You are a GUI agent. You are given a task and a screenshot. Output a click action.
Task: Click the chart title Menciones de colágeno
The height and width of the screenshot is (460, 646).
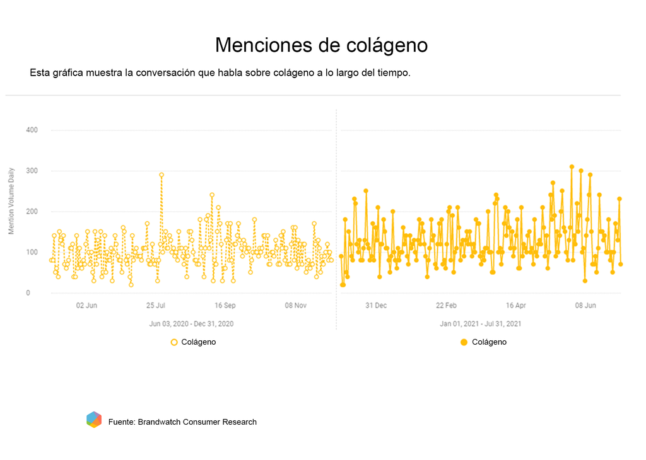(x=321, y=45)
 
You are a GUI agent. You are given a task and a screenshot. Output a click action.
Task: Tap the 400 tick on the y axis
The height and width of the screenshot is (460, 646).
(x=32, y=130)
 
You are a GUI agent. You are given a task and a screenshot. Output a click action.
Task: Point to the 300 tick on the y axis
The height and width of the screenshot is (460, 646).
(x=32, y=171)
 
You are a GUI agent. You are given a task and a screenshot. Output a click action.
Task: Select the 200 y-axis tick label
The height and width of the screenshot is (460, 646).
(x=32, y=212)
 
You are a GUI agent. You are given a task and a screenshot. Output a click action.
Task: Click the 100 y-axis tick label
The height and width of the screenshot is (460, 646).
(x=32, y=253)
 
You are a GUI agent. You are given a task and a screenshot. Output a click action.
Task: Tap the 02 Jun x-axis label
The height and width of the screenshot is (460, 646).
(x=86, y=306)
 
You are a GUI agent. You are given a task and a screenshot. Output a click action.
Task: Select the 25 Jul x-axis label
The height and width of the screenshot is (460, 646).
(x=156, y=306)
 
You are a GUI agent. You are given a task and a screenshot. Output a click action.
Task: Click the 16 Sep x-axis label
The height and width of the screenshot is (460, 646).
(x=225, y=306)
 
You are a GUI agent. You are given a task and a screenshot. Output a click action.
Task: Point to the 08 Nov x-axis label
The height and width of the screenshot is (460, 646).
(x=295, y=306)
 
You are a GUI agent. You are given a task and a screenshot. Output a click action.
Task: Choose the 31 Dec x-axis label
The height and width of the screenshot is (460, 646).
(x=376, y=306)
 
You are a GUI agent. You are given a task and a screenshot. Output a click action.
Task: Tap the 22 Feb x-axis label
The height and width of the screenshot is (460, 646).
(x=446, y=306)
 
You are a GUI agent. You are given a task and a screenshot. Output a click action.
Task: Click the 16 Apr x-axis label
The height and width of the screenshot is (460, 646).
(x=516, y=306)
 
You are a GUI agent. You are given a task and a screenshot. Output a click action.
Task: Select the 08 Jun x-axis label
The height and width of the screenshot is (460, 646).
(x=585, y=306)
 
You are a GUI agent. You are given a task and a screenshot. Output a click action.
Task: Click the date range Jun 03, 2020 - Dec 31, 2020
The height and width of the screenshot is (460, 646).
(x=191, y=324)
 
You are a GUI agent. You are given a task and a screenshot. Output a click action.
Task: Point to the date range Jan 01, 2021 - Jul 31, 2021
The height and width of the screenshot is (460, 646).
(x=480, y=324)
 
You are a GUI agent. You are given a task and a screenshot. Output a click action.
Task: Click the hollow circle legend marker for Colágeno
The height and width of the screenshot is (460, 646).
(x=174, y=342)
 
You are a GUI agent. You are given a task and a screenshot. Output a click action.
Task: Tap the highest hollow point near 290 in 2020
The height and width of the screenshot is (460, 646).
(x=161, y=175)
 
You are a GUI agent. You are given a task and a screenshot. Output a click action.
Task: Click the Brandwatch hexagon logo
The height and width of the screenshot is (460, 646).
(x=94, y=420)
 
